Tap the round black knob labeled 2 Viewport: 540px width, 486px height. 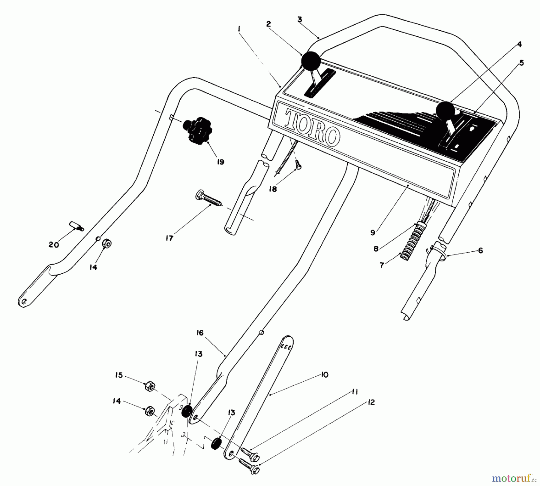pyautogui.click(x=311, y=61)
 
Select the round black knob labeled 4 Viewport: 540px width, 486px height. pyautogui.click(x=446, y=111)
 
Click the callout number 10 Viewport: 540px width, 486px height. pyautogui.click(x=324, y=375)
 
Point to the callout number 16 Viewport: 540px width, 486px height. pyautogui.click(x=200, y=333)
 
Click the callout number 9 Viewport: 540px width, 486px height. pyautogui.click(x=373, y=232)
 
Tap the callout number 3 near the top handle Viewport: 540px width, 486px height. pyautogui.click(x=299, y=20)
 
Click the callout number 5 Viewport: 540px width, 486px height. pyautogui.click(x=521, y=63)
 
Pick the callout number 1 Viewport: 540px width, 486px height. pyautogui.click(x=239, y=29)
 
